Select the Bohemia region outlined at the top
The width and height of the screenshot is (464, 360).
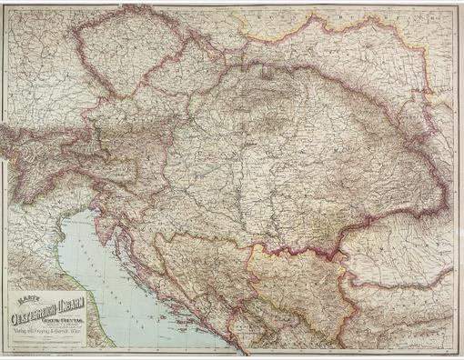pos(118,55)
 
